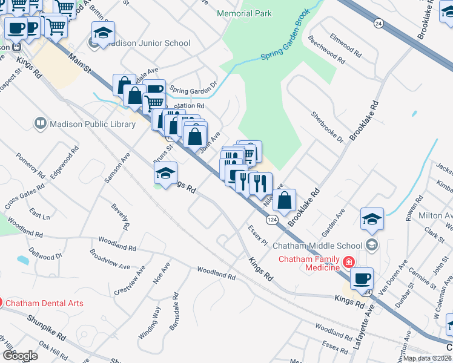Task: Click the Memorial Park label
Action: click(245, 13)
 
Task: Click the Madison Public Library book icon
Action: click(40, 124)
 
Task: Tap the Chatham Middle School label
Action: click(317, 246)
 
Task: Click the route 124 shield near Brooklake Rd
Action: click(273, 221)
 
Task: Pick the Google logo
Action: click(19, 356)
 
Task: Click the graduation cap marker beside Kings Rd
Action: click(165, 174)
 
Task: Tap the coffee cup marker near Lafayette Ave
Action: click(362, 279)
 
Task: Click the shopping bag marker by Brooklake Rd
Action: click(284, 199)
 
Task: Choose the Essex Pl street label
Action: click(257, 235)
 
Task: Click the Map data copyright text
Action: click(427, 358)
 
